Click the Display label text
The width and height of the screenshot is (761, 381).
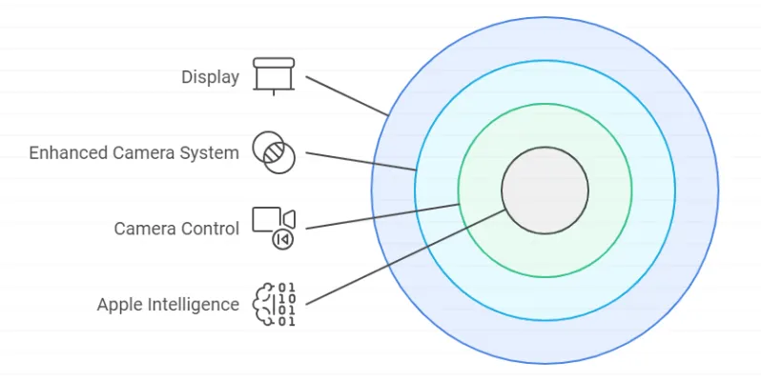click(x=210, y=76)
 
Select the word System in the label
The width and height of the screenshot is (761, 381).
click(x=208, y=152)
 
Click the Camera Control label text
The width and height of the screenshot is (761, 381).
click(x=176, y=229)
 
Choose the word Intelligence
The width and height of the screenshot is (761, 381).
click(x=194, y=305)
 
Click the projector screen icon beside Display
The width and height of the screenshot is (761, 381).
click(x=274, y=75)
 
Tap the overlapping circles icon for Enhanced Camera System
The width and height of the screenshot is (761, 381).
click(x=274, y=152)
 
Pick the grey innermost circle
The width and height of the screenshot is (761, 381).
click(x=545, y=190)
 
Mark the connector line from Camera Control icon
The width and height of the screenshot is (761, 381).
click(x=381, y=216)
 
